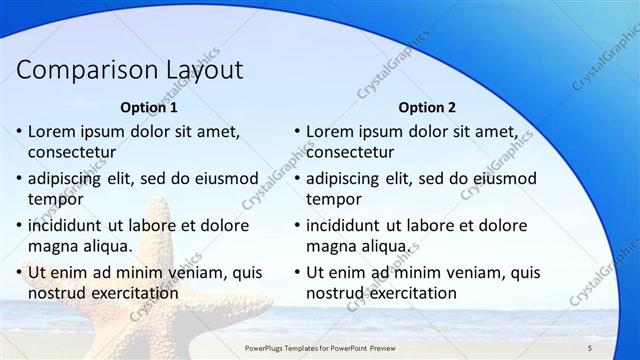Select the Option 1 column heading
(x=149, y=107)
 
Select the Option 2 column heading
(x=427, y=107)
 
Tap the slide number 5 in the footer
(x=590, y=347)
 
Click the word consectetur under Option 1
(x=72, y=153)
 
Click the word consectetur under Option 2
(x=350, y=153)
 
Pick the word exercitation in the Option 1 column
(x=133, y=294)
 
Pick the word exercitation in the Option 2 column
(x=411, y=294)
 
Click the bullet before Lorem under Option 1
(x=19, y=132)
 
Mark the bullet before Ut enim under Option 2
(x=297, y=272)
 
